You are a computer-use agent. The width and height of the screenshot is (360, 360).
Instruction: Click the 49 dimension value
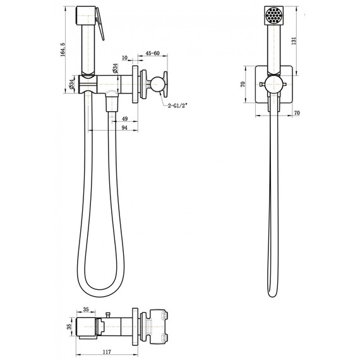click(x=124, y=118)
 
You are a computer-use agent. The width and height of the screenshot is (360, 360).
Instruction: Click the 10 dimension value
click(x=126, y=58)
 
